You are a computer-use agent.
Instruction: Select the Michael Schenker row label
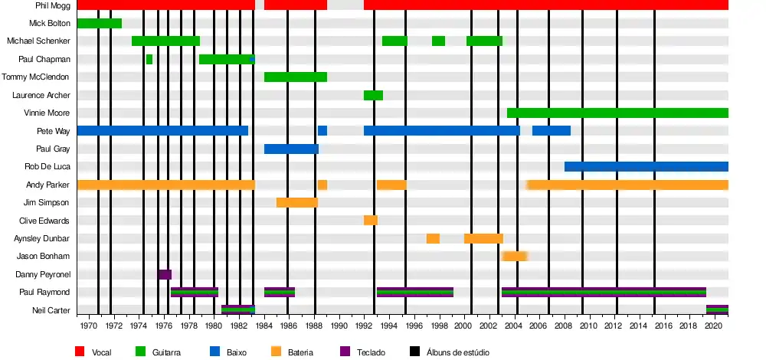[38, 41]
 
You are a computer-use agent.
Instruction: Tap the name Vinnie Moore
[47, 113]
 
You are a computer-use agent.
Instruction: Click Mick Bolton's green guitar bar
[99, 23]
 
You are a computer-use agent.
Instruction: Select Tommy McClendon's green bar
[296, 77]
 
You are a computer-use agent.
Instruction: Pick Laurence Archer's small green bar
[373, 95]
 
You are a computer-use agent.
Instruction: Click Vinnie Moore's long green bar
[617, 113]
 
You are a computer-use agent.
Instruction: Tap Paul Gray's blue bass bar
[291, 149]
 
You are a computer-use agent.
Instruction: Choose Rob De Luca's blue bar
[647, 166]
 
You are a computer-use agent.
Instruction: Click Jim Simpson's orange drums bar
[296, 202]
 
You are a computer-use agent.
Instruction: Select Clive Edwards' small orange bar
[370, 221]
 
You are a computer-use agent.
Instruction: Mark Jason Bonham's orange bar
[515, 256]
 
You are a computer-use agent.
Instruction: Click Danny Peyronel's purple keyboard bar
[165, 274]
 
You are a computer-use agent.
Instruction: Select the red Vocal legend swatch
[80, 352]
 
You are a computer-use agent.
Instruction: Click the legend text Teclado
[371, 352]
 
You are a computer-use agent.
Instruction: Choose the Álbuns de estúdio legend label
[457, 352]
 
